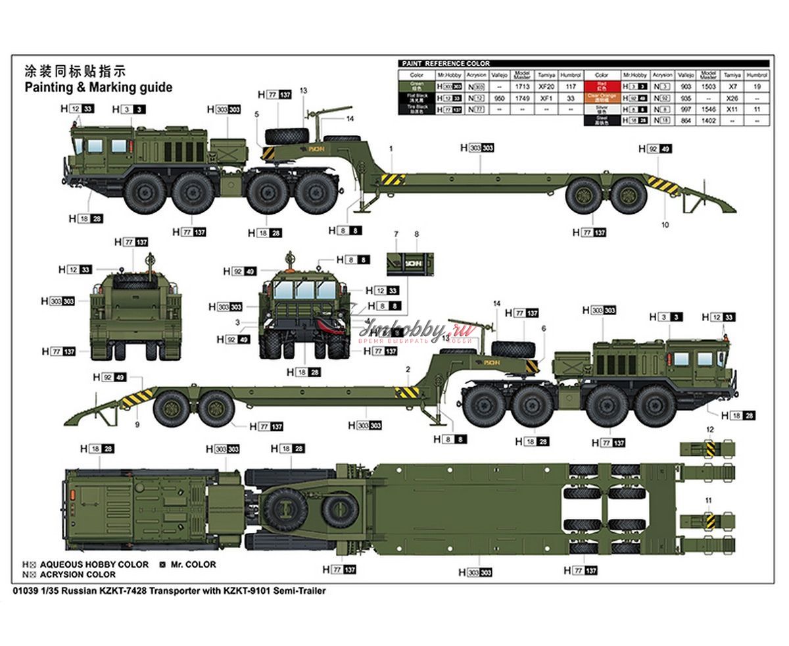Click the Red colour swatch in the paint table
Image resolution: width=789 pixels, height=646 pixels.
[x=601, y=86]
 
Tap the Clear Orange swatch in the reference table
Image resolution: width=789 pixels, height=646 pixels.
[x=601, y=97]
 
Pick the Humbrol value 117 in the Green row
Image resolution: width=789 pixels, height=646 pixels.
[x=570, y=86]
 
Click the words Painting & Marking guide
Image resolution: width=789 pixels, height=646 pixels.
[x=98, y=87]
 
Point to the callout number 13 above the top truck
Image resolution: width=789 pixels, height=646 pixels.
[x=303, y=91]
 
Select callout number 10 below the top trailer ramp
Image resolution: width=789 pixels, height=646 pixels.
[x=665, y=225]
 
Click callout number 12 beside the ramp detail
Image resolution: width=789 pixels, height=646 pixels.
[x=709, y=429]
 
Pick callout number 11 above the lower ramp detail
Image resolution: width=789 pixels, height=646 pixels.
[x=709, y=501]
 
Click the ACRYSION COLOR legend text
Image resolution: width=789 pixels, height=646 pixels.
[x=78, y=574]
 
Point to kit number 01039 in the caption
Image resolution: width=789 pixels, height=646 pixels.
[x=24, y=591]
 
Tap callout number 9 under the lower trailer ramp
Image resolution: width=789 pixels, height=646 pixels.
[x=137, y=424]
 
